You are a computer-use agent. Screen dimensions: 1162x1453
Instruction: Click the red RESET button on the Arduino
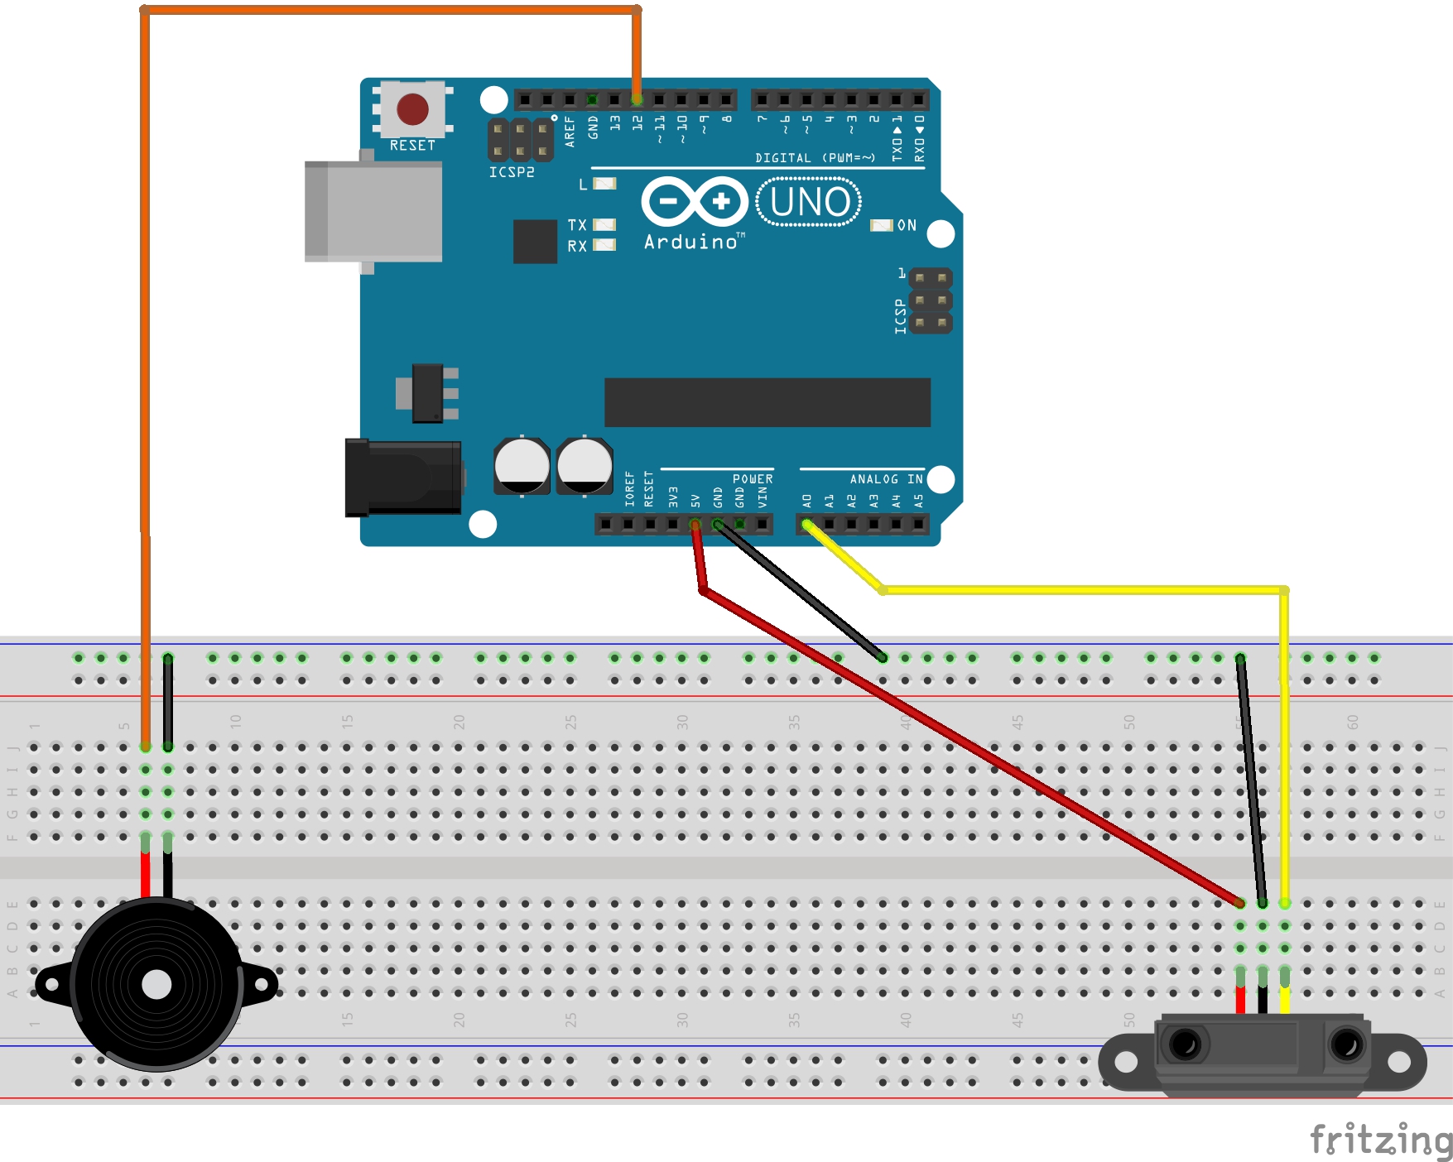click(412, 109)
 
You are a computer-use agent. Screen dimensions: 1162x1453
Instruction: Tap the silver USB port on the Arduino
click(374, 211)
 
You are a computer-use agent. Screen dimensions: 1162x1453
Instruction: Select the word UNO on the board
click(809, 202)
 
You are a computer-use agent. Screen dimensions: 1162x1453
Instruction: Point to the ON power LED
click(881, 225)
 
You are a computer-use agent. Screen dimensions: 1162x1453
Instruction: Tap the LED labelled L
click(605, 184)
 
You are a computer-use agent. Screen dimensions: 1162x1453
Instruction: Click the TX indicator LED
click(605, 224)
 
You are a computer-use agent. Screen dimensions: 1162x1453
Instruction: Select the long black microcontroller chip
click(767, 402)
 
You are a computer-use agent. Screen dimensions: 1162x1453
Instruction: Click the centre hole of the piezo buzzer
click(156, 985)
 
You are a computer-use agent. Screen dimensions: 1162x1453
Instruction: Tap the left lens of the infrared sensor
click(1186, 1044)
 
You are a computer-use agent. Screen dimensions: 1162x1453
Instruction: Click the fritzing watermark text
click(1380, 1140)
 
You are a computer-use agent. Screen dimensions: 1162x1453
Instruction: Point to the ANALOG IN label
click(886, 479)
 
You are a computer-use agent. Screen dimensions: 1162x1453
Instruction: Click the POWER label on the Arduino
click(753, 479)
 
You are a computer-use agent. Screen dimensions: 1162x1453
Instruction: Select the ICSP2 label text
click(512, 172)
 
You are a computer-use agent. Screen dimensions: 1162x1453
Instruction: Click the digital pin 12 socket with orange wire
click(637, 100)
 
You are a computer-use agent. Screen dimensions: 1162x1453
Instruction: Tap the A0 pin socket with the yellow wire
click(807, 524)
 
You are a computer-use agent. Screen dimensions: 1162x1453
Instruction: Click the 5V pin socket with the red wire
click(695, 524)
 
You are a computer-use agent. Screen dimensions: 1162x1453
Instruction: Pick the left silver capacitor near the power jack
click(522, 465)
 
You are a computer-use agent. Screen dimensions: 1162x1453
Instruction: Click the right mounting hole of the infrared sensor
click(1399, 1061)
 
